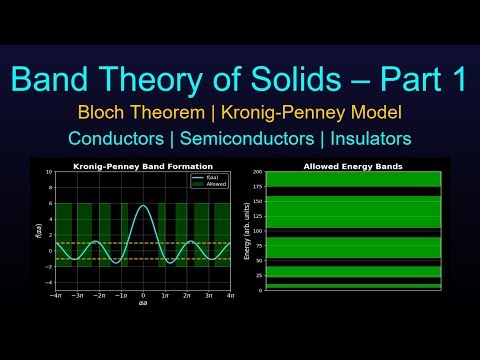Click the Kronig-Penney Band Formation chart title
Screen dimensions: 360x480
(x=143, y=166)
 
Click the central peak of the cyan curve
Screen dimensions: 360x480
(x=143, y=206)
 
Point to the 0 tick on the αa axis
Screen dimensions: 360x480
(x=143, y=296)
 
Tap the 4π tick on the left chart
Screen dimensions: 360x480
(x=231, y=296)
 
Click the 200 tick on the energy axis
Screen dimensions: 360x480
(x=257, y=172)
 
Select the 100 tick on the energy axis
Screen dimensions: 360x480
(x=257, y=231)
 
